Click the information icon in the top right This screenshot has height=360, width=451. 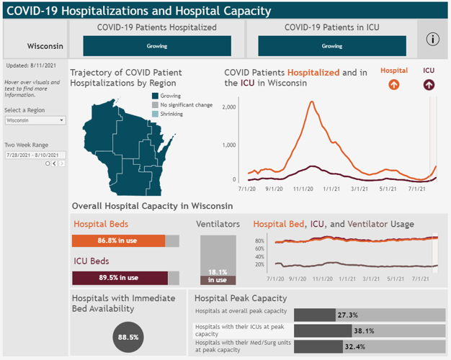(x=432, y=40)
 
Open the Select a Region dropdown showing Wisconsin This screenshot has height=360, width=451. (x=35, y=120)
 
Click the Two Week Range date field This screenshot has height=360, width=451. (x=35, y=155)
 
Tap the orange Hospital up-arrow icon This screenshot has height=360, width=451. (x=393, y=84)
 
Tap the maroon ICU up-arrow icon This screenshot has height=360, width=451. (x=429, y=84)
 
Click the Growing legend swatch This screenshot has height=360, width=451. (x=154, y=96)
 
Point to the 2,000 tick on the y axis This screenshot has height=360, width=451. (x=229, y=107)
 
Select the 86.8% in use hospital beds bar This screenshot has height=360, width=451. (x=119, y=241)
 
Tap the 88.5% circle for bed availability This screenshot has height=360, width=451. (x=128, y=336)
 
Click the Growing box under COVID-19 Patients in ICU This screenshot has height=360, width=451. (x=332, y=46)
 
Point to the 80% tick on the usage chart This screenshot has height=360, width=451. (x=260, y=241)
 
